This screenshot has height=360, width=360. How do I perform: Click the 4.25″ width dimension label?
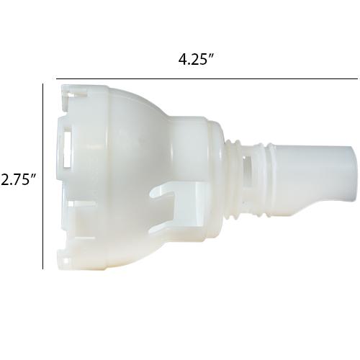196,59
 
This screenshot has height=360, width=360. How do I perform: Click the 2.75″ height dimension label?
18,179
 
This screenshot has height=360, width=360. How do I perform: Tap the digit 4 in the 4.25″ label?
182,59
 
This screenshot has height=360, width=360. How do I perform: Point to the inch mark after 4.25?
211,56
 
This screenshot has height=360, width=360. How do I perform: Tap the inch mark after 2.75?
33,176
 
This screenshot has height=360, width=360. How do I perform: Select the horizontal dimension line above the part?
207,78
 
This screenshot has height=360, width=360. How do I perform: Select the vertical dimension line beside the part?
43,176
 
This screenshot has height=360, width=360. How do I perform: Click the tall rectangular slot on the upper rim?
68,147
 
